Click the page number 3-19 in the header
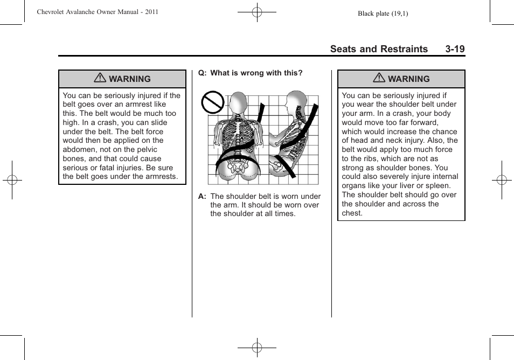click(x=455, y=49)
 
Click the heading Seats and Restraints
click(x=379, y=49)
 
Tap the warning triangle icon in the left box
click(x=100, y=79)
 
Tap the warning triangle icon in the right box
click(x=379, y=79)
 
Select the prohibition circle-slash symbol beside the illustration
click(x=212, y=102)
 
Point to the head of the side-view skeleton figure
click(x=294, y=101)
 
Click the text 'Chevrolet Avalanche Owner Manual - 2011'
click(x=98, y=12)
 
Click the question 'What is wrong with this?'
click(x=256, y=73)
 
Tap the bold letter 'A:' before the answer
click(x=203, y=197)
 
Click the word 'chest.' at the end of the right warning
click(x=352, y=213)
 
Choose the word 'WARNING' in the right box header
click(x=409, y=79)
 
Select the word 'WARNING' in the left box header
click(x=130, y=79)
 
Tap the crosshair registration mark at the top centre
click(x=257, y=12)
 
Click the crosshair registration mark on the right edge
click(x=502, y=180)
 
